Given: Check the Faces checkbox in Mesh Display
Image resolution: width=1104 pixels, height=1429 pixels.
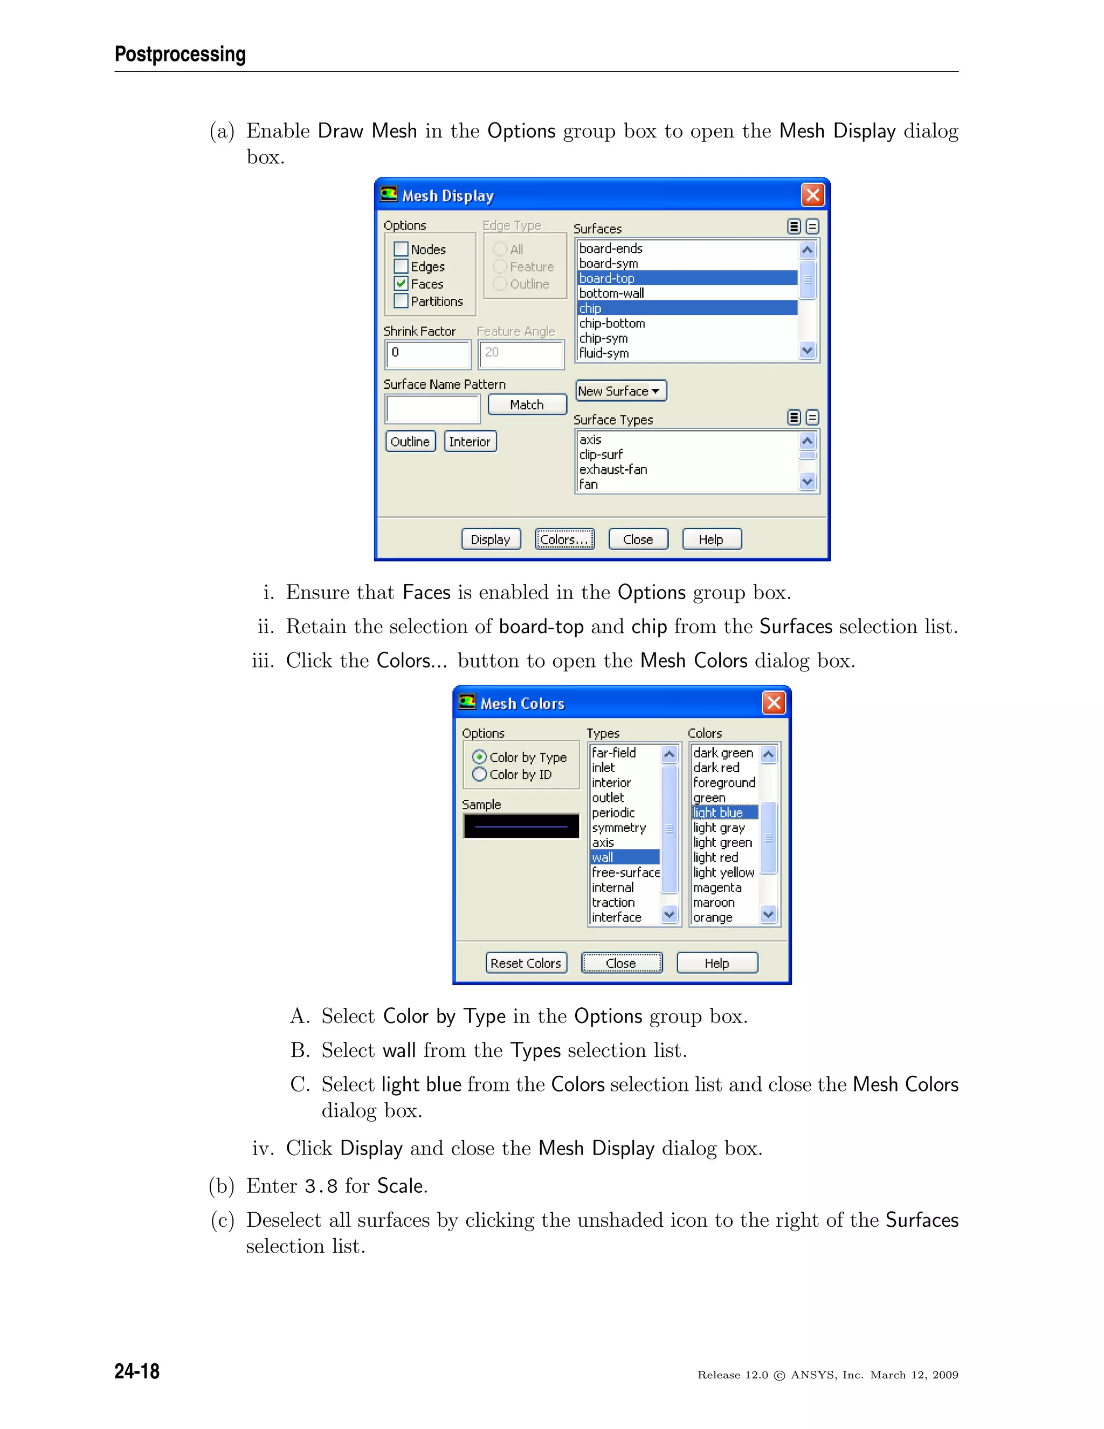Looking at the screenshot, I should (401, 284).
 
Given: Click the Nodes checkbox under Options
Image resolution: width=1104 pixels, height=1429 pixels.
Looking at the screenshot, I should (401, 249).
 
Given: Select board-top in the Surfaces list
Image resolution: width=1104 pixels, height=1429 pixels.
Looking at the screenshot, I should (606, 278).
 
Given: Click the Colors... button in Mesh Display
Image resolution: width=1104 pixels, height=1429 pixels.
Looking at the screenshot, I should (564, 539).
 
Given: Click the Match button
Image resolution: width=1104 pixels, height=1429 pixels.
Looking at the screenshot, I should (527, 404).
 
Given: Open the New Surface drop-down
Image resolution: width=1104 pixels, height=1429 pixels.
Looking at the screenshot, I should (620, 390).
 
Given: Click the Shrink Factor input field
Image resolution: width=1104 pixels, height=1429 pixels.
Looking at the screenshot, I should (427, 354).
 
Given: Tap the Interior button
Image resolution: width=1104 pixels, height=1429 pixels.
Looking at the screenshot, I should (470, 442).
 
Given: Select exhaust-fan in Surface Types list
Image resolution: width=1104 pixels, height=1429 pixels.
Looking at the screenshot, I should (613, 469).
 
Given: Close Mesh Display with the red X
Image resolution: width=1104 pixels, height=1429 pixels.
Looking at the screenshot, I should (812, 195).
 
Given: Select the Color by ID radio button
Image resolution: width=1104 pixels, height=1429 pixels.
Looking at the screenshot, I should (479, 775).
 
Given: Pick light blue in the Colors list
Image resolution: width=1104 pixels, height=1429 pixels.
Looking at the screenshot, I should (717, 813).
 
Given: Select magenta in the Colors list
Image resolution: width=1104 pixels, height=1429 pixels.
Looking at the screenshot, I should (717, 887).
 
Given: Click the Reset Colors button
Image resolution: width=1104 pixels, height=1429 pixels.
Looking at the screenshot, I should (526, 963).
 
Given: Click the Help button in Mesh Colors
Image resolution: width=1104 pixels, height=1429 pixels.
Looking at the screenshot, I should (717, 963).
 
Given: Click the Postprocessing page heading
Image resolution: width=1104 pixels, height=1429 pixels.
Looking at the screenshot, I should (180, 53).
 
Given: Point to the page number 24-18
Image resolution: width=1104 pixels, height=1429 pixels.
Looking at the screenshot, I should (137, 1371).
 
